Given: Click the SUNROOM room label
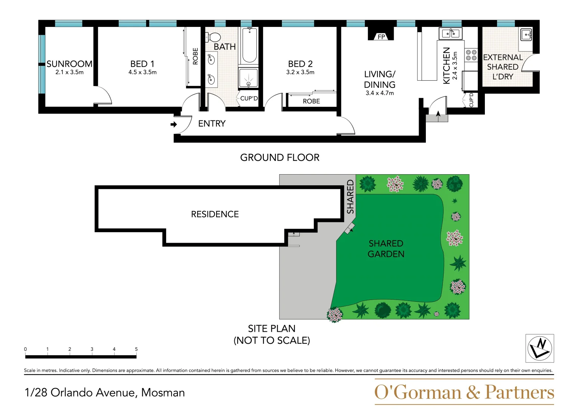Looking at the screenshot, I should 69,64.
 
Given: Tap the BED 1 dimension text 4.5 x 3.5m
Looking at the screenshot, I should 142,72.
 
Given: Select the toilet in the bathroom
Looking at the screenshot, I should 213,37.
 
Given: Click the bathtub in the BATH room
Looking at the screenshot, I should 249,45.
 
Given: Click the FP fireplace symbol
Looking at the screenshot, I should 381,36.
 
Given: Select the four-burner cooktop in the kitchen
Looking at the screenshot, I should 471,55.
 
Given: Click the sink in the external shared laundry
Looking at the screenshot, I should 527,35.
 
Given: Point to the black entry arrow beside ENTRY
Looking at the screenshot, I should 174,124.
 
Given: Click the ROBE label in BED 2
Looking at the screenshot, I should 311,101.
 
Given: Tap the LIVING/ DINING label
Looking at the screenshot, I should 380,79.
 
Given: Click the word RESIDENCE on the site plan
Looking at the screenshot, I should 215,214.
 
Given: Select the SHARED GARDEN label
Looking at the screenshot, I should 386,249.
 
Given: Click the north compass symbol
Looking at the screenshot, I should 539,348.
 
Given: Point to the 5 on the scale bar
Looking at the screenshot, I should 136,349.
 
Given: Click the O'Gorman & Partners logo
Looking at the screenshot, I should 464,392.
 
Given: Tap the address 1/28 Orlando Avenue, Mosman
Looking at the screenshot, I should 105,393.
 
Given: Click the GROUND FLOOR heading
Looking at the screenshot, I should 280,158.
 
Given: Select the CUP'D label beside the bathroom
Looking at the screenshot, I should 249,98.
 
